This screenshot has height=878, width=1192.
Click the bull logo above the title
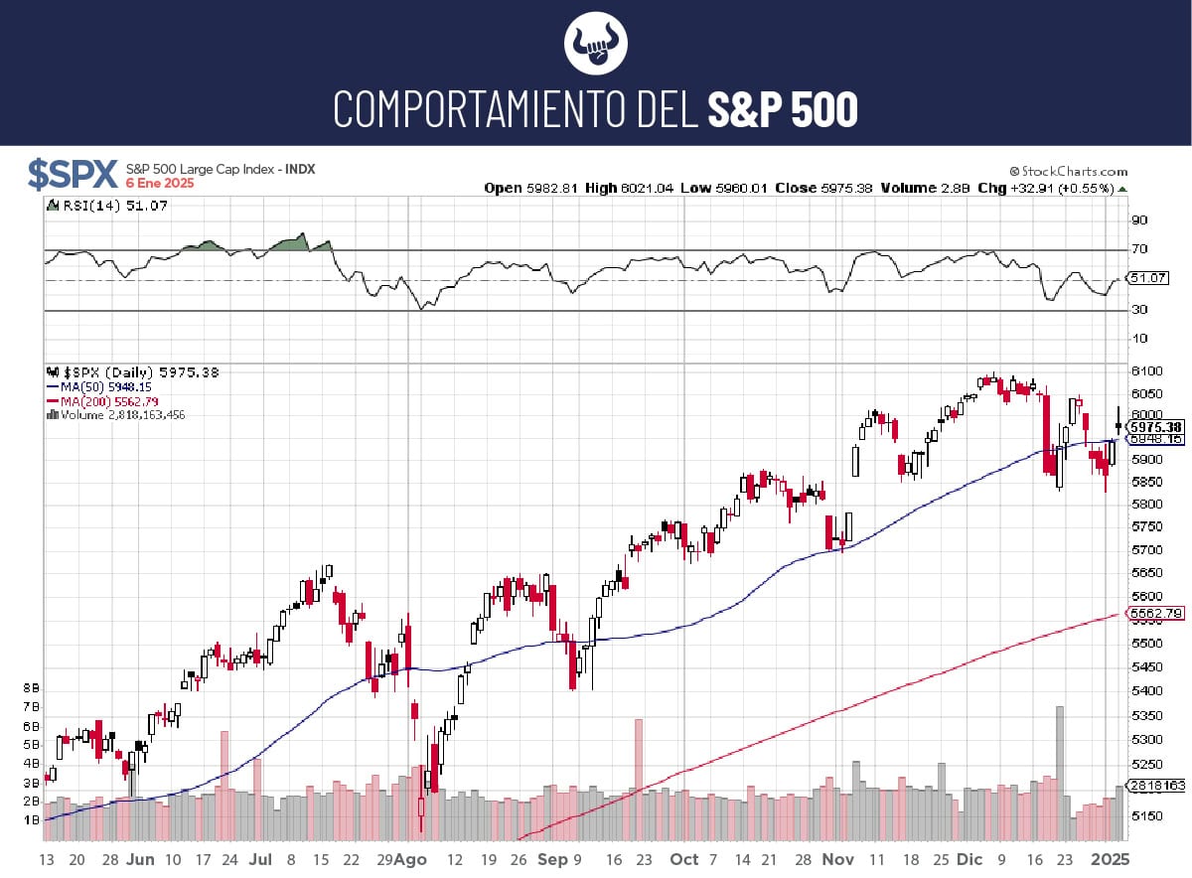pyautogui.click(x=596, y=44)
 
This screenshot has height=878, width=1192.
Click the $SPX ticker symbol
pyautogui.click(x=73, y=175)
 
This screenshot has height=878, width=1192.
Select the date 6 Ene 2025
pyautogui.click(x=160, y=184)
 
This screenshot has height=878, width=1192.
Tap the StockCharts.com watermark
pyautogui.click(x=1069, y=171)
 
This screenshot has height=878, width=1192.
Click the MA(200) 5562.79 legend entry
pyautogui.click(x=100, y=401)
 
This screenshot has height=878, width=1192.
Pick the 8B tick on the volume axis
pyautogui.click(x=31, y=687)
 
